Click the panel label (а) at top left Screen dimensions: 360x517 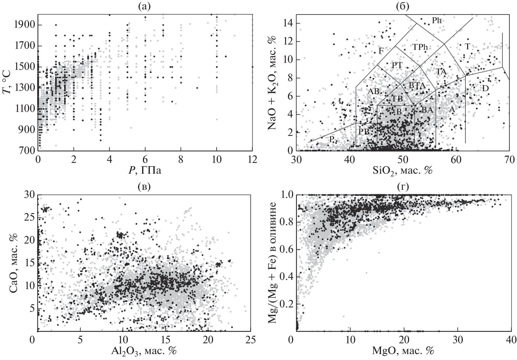[x=145, y=6]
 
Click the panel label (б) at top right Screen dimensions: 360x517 [x=402, y=6]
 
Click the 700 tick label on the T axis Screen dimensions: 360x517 [x=25, y=150]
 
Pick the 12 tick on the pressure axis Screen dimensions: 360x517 [x=252, y=159]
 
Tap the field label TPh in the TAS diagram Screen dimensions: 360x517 [x=420, y=47]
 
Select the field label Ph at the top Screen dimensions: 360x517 [x=437, y=20]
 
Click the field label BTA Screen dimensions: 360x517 [x=417, y=86]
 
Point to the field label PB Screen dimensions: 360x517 [x=364, y=132]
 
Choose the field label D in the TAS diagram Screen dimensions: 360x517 [x=485, y=88]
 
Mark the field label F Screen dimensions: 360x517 [x=381, y=51]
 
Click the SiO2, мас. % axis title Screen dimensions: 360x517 [x=403, y=170]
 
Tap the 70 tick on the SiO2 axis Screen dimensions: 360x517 [x=509, y=159]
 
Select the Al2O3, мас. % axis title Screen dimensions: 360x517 [x=144, y=351]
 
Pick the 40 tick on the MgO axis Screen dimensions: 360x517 [x=511, y=339]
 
